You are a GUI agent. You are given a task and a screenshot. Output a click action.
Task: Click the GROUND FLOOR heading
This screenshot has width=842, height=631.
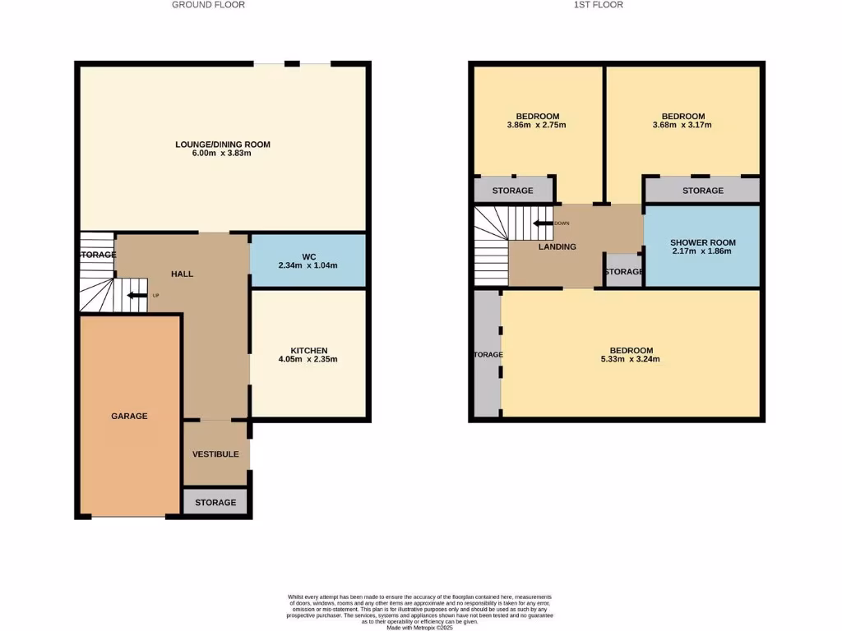click(x=208, y=5)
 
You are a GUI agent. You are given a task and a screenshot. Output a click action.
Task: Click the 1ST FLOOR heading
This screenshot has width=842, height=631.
click(x=598, y=5)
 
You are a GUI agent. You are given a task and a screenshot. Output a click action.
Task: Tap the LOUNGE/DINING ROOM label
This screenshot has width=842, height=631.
click(x=223, y=145)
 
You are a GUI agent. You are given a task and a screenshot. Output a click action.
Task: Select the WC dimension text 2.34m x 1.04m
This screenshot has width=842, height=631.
click(x=308, y=265)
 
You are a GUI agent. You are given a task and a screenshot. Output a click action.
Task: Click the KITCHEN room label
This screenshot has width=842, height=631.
click(x=308, y=350)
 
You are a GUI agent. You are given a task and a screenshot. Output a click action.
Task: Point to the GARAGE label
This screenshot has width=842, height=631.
click(x=129, y=416)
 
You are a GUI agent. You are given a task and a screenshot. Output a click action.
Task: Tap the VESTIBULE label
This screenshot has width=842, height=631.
click(x=215, y=454)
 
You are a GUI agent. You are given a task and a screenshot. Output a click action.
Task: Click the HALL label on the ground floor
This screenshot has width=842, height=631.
click(x=182, y=274)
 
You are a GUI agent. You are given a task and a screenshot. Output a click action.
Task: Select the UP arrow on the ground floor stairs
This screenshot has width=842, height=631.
click(x=136, y=295)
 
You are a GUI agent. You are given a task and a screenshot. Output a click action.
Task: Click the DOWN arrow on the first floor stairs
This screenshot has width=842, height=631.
click(x=543, y=223)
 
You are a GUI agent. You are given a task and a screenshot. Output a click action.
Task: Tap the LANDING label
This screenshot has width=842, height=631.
click(x=557, y=246)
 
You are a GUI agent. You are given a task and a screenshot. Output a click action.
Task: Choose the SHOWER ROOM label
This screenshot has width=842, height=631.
click(x=702, y=242)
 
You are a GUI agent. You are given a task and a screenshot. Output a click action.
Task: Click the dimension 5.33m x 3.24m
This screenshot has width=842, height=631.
click(x=631, y=359)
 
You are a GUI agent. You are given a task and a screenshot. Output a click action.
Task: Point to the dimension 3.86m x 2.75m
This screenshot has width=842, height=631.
click(x=537, y=126)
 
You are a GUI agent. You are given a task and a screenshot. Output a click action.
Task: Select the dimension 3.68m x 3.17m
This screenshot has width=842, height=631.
click(x=682, y=126)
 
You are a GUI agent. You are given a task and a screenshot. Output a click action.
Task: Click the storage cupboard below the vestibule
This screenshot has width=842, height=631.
click(x=215, y=502)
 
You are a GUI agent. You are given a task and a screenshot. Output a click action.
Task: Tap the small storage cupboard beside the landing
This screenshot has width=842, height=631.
click(x=623, y=272)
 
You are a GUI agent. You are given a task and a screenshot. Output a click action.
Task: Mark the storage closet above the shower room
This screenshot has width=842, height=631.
click(x=702, y=191)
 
